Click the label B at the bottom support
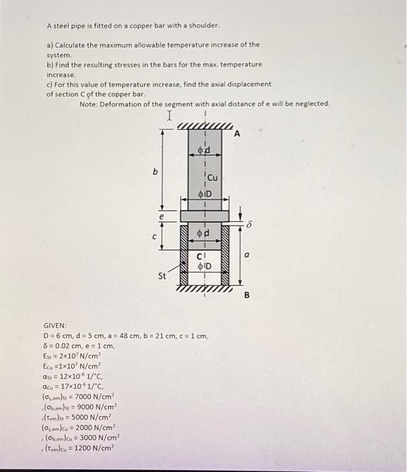(x=247, y=295)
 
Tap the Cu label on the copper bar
(x=212, y=178)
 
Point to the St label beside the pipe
(x=162, y=276)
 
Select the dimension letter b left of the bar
(x=155, y=172)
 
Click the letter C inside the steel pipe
(x=199, y=255)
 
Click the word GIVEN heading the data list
(x=55, y=325)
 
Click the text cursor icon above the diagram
(x=170, y=117)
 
